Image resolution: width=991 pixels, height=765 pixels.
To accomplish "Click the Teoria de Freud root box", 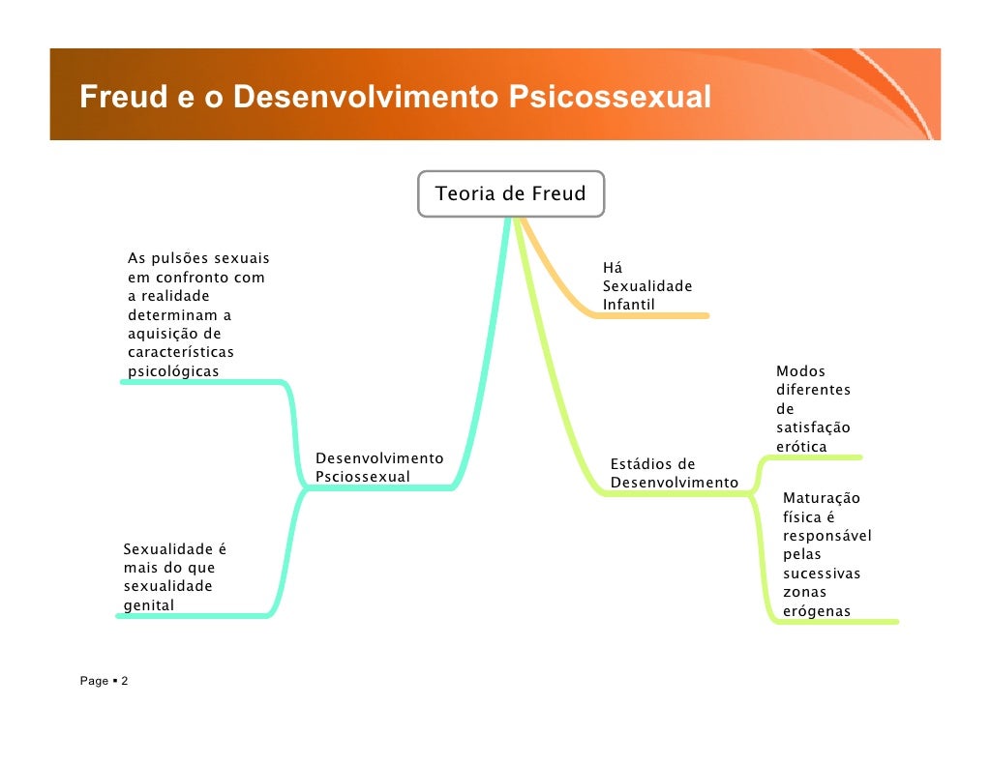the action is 510,194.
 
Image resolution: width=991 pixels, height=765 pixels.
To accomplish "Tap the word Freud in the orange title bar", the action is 117,98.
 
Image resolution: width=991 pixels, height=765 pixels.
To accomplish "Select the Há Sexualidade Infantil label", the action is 646,286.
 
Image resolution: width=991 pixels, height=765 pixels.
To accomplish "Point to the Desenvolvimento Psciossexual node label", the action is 379,467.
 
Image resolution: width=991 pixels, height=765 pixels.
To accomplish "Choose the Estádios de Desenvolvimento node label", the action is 674,473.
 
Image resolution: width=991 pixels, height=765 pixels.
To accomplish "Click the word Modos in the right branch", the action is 800,371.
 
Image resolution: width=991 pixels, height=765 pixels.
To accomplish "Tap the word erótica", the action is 801,447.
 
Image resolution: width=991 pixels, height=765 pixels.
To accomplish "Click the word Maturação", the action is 821,499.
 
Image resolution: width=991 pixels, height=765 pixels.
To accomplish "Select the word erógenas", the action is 817,611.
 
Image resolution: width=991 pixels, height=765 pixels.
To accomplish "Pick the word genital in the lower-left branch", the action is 149,605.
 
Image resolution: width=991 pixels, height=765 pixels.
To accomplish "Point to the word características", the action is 180,352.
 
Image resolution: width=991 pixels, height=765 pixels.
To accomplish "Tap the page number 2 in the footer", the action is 125,682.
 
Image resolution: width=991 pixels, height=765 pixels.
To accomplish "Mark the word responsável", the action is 826,536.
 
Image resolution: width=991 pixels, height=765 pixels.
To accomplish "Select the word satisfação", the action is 813,427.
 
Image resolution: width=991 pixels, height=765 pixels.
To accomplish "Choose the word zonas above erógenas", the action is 804,592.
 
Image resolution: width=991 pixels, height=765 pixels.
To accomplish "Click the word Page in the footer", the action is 94,682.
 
